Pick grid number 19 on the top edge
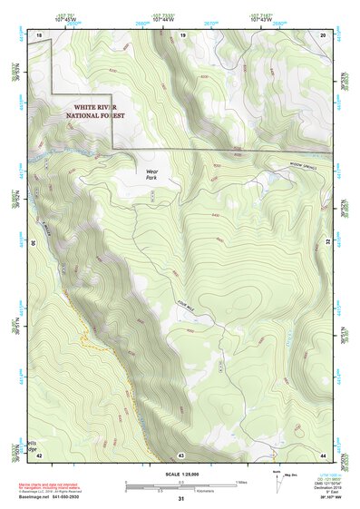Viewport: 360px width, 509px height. [x=182, y=34]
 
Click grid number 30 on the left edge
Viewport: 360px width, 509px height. [x=32, y=243]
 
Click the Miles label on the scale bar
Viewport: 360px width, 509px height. [x=241, y=481]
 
